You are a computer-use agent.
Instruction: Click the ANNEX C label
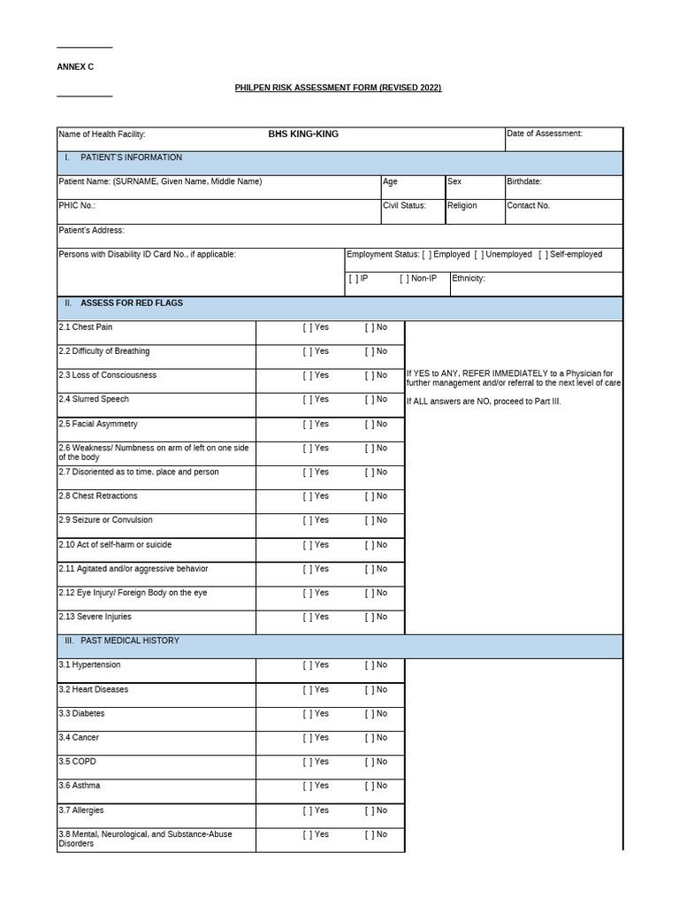point(75,66)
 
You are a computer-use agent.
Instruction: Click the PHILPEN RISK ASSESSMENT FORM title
point(338,88)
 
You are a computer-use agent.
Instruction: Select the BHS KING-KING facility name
point(303,134)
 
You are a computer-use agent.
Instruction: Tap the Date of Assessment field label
point(544,134)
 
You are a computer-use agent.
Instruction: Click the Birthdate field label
point(523,181)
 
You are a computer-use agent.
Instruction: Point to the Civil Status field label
point(404,205)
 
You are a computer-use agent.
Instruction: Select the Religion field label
point(462,205)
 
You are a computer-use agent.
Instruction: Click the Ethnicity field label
point(469,279)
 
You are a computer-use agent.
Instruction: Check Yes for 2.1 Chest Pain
point(306,327)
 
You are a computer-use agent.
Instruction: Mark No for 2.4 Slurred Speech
point(369,400)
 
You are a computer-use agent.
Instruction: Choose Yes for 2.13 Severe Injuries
point(306,618)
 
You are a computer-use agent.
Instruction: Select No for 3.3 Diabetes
point(369,714)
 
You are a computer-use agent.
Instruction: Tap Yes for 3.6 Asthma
point(306,786)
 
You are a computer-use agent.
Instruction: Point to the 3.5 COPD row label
point(77,762)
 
